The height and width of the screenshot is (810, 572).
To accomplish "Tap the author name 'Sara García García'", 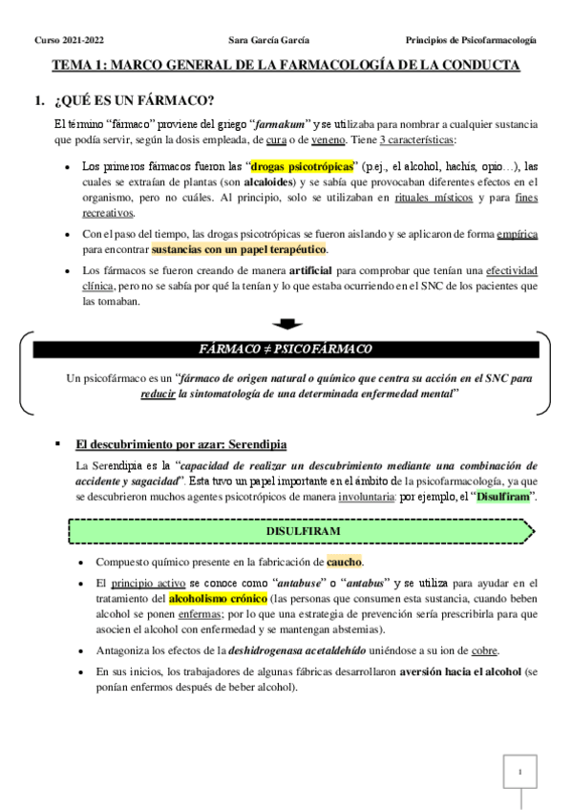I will [270, 40].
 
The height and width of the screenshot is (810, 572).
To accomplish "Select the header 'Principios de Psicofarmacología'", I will [470, 40].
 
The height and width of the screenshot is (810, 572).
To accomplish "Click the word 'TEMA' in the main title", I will [74, 65].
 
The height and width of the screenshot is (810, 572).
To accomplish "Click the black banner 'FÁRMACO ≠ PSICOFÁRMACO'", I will [286, 349].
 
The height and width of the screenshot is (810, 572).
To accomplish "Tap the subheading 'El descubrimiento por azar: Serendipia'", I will [181, 444].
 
